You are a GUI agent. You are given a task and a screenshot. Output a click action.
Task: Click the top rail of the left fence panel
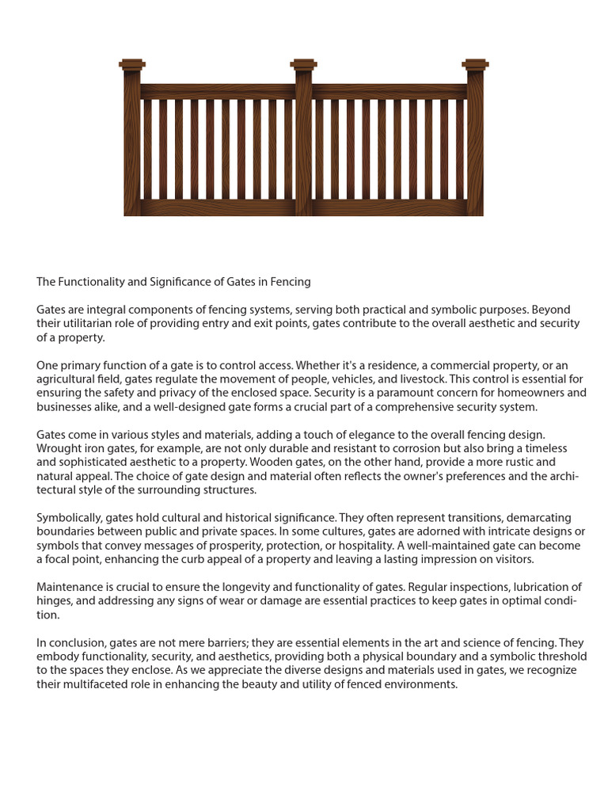(218, 91)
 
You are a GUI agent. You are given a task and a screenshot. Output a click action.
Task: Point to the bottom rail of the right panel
(389, 208)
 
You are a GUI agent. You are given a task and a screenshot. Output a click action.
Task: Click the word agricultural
(70, 379)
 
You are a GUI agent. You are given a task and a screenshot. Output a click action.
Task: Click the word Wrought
(57, 448)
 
